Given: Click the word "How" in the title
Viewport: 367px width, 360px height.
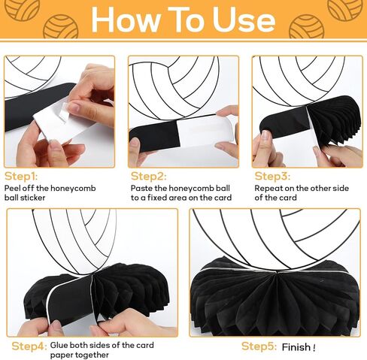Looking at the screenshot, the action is click(126, 20).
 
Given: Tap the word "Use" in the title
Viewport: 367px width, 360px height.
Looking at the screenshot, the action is click(244, 20).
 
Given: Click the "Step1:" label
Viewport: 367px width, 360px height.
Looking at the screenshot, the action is click(21, 177).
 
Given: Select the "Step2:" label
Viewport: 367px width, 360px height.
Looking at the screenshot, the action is click(148, 177).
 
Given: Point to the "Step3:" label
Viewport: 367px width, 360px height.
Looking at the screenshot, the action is click(272, 177).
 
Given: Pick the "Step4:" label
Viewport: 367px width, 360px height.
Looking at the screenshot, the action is click(29, 346).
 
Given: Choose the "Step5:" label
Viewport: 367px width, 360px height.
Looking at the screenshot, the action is click(259, 346).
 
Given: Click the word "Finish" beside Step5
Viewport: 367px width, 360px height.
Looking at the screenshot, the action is click(296, 347).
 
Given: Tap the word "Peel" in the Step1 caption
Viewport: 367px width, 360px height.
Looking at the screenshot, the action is click(12, 188).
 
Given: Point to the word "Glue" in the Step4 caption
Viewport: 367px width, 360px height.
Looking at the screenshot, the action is click(59, 345).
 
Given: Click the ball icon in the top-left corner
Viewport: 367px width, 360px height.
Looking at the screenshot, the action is click(23, 9).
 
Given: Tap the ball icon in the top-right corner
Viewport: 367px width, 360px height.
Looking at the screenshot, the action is click(345, 9).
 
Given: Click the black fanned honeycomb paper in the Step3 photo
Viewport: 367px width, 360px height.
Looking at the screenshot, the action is click(333, 120).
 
